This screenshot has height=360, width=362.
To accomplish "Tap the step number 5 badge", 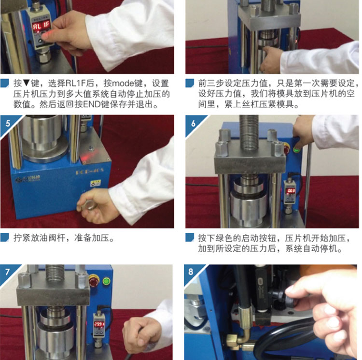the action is (8, 123).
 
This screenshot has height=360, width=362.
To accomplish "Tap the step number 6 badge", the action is (193, 123).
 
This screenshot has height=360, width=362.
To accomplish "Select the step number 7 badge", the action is (7, 272).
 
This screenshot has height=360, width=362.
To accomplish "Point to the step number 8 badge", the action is (191, 272).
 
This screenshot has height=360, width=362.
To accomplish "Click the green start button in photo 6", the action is (296, 149).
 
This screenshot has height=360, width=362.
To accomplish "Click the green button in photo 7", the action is (107, 281).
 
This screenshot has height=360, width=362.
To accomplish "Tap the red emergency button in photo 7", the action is (94, 281).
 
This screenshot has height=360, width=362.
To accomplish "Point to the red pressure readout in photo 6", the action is (290, 191).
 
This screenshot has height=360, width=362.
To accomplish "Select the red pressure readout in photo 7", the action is (99, 324).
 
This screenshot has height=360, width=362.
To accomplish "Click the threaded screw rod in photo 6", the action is (250, 132).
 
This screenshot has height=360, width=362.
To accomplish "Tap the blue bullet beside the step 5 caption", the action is (5, 237).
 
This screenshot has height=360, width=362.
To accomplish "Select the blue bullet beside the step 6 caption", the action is (190, 237).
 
